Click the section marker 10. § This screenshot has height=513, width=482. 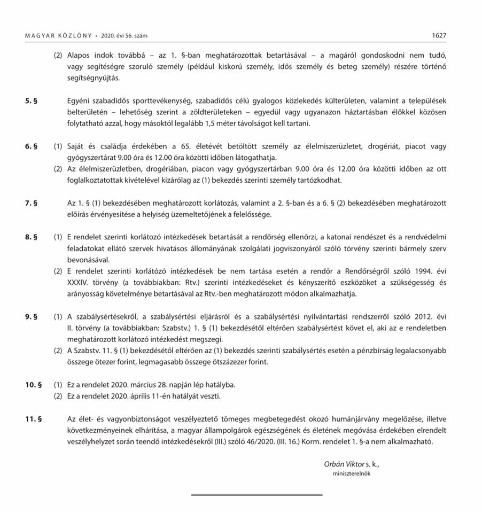[x=33, y=385]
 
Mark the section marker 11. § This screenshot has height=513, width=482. [x=33, y=419]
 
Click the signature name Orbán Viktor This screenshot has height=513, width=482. [x=347, y=464]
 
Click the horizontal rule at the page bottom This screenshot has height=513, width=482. [x=256, y=495]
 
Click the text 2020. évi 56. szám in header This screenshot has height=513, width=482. [x=128, y=36]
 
